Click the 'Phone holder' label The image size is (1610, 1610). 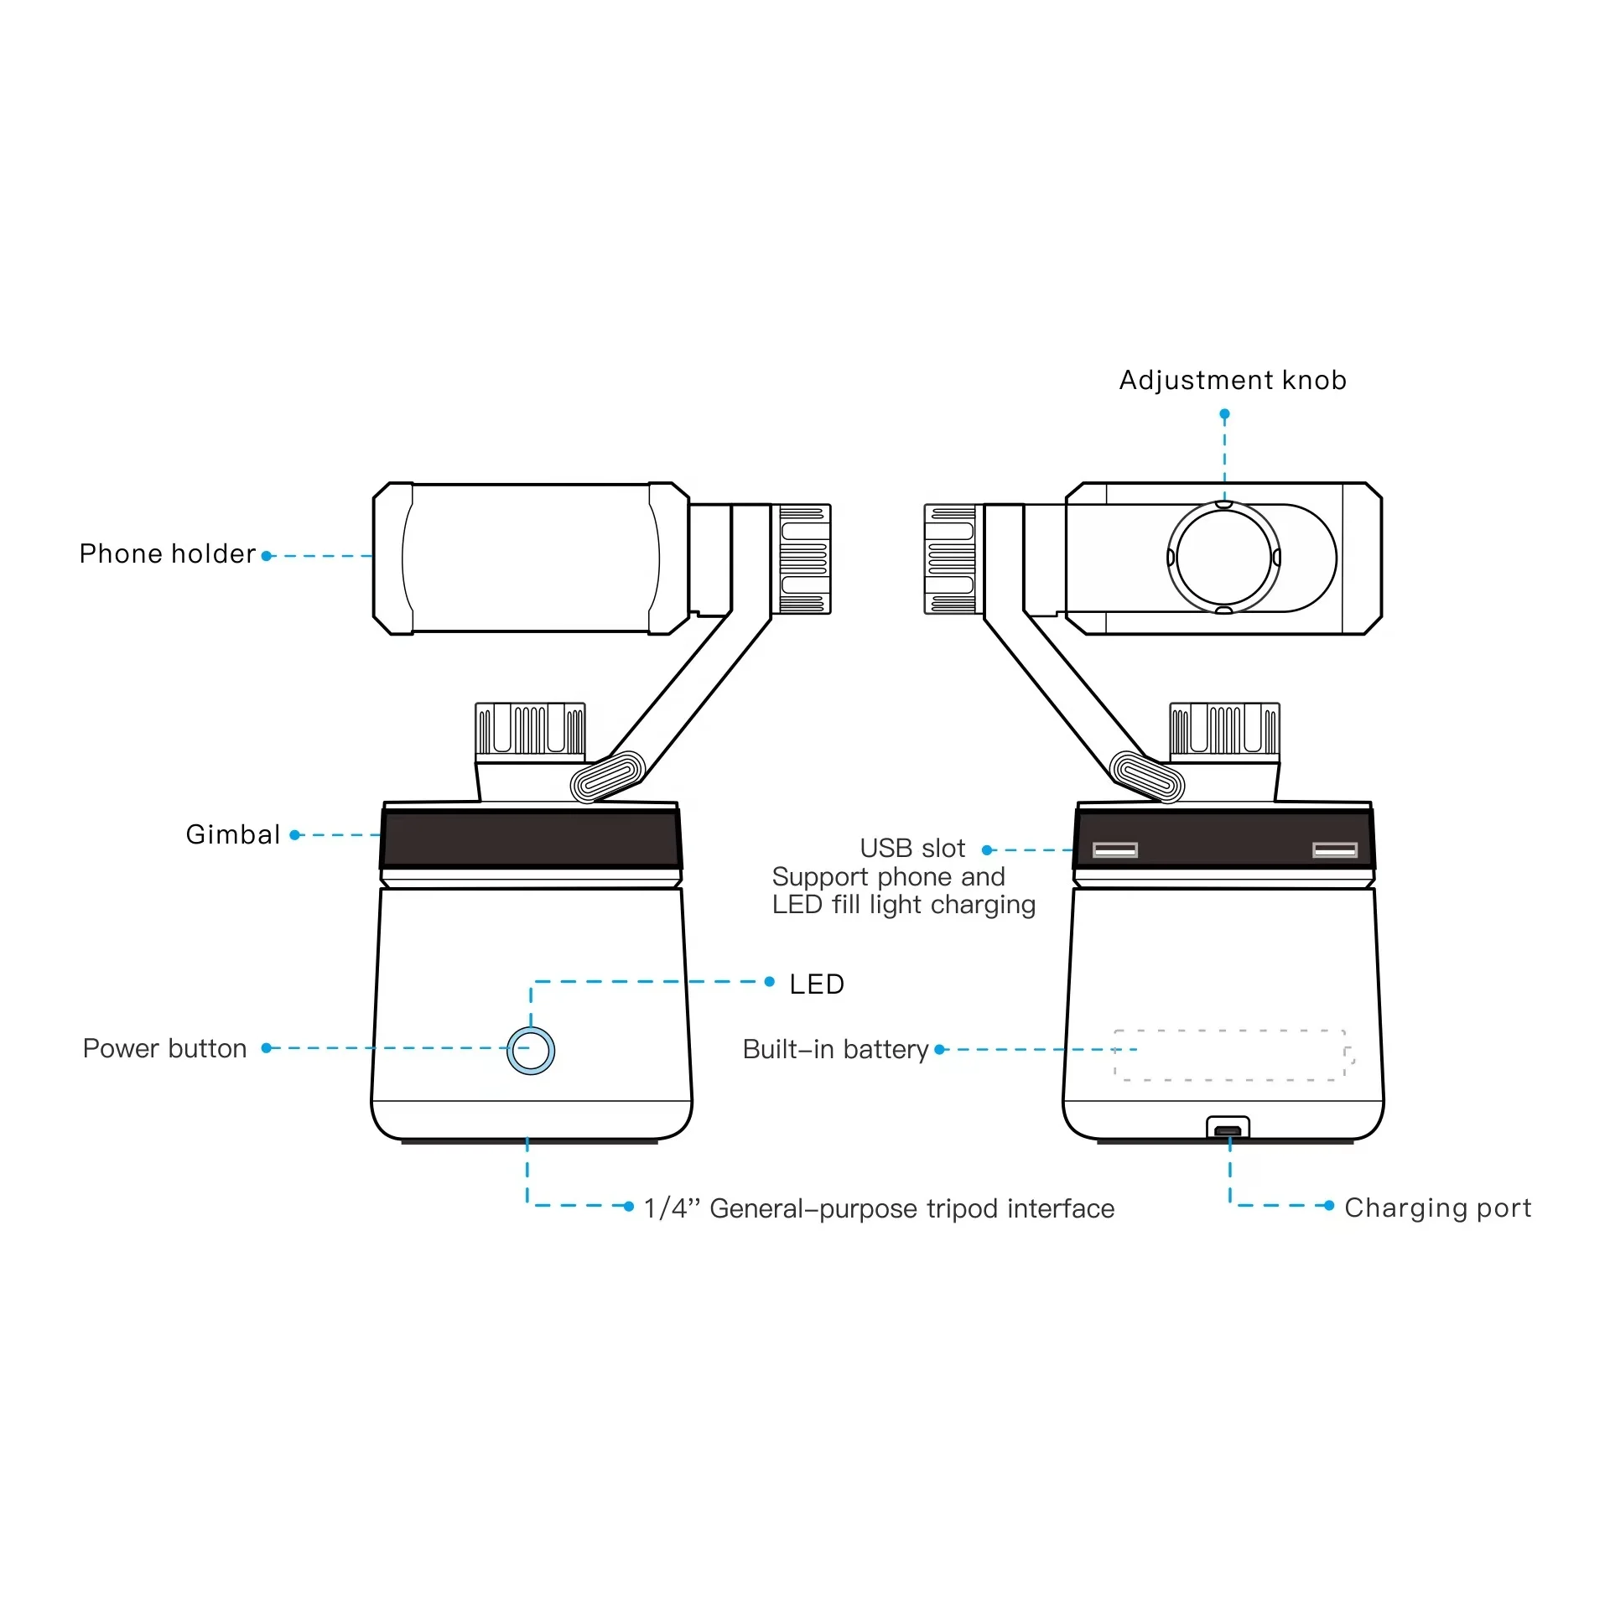[x=167, y=554]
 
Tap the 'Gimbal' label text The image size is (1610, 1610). [x=232, y=834]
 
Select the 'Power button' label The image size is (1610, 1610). [x=164, y=1048]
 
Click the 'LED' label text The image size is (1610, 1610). [x=817, y=984]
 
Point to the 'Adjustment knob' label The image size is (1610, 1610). [x=1233, y=380]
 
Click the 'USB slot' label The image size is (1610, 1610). [x=912, y=849]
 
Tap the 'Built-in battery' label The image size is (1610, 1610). [x=835, y=1049]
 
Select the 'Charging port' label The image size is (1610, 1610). [x=1437, y=1207]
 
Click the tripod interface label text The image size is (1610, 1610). [x=879, y=1208]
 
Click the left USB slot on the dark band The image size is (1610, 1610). [x=1115, y=850]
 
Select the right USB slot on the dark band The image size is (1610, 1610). [x=1335, y=850]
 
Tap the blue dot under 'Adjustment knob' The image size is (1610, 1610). [x=1224, y=414]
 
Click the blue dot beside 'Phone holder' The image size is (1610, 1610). [x=267, y=556]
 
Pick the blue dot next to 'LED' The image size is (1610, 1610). [x=770, y=982]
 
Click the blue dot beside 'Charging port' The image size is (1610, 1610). [x=1329, y=1206]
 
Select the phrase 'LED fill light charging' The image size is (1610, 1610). [x=904, y=905]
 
